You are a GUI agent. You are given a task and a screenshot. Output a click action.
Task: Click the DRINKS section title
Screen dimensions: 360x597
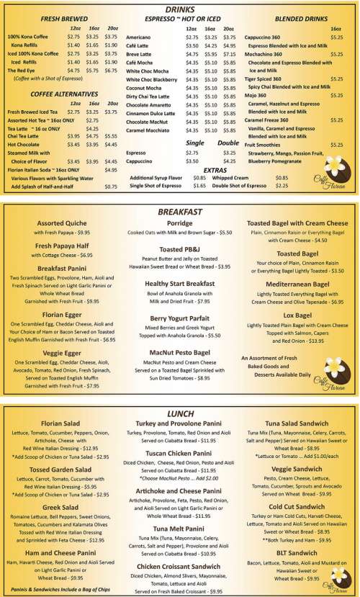179,8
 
